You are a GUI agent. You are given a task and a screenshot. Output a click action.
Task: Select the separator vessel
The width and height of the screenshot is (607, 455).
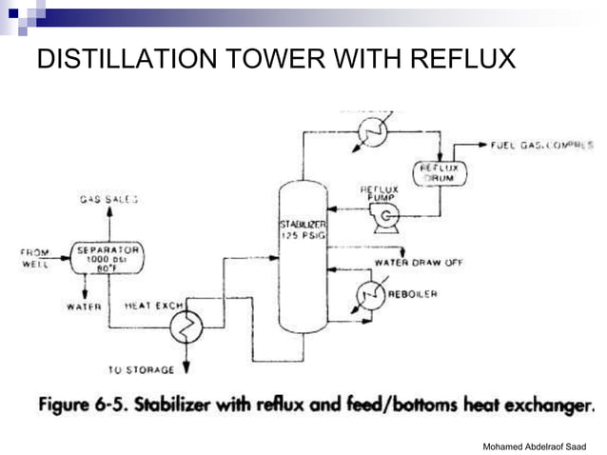click(x=108, y=258)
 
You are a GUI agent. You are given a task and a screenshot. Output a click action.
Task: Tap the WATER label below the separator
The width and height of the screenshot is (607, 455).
click(x=84, y=307)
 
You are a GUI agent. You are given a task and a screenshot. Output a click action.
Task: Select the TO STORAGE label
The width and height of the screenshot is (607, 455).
click(x=144, y=369)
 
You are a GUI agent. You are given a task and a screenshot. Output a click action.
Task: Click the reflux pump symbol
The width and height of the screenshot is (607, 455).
click(x=384, y=219)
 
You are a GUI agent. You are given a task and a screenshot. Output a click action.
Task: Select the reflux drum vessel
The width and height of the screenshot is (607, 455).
click(x=440, y=173)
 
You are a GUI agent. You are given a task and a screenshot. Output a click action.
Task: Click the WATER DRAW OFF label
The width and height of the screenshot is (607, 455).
click(x=419, y=263)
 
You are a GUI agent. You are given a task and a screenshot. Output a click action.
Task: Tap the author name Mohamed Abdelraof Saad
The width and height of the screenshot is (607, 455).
click(x=535, y=445)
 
